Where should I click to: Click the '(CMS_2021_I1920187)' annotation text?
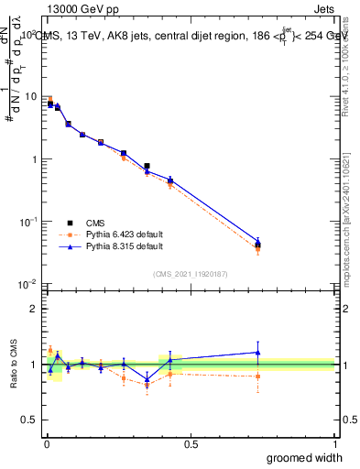click(x=190, y=273)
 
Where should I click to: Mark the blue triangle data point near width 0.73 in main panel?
click(x=258, y=242)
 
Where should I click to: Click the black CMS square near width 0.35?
click(x=147, y=166)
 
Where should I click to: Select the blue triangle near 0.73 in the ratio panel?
click(x=258, y=352)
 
